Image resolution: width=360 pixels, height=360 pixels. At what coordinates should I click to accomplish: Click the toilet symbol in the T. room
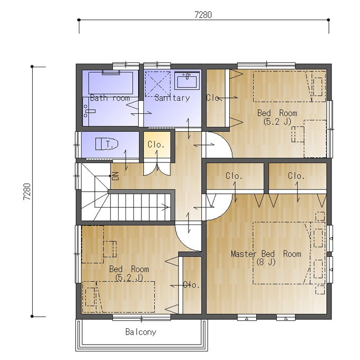click(x=107, y=144)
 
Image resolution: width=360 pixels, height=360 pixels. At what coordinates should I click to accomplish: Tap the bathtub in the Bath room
click(x=111, y=83)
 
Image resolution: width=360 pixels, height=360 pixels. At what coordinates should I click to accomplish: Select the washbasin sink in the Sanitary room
click(x=187, y=81)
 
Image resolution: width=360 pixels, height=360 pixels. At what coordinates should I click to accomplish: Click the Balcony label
click(x=141, y=332)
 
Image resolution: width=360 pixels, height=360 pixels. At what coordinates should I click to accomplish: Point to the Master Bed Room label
click(x=266, y=254)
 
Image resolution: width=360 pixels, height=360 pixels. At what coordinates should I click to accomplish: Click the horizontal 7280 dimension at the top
click(x=203, y=15)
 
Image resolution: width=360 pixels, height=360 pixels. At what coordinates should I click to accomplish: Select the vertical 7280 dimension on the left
click(x=27, y=192)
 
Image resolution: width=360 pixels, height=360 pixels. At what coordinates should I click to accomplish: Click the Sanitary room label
click(x=172, y=98)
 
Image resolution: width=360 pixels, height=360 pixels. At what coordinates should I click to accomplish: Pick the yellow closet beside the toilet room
click(x=157, y=145)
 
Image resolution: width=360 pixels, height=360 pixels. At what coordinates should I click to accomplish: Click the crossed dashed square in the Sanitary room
click(x=158, y=84)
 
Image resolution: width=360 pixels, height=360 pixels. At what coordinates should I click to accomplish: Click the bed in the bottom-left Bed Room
click(x=118, y=296)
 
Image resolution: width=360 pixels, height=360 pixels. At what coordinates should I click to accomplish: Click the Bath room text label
click(x=110, y=98)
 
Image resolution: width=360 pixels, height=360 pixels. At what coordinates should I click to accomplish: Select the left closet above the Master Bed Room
click(x=235, y=176)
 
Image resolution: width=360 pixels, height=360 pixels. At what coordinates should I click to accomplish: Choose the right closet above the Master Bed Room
click(x=298, y=176)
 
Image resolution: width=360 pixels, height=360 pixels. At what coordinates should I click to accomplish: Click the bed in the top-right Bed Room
click(x=289, y=86)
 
